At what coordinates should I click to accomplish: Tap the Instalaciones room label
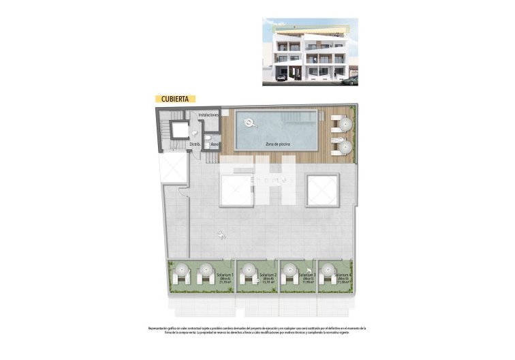tap(208, 115)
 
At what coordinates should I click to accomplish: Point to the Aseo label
tap(215, 145)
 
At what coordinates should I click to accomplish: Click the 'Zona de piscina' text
tap(277, 145)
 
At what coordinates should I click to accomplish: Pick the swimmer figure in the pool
tap(250, 123)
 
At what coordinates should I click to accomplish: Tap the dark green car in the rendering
tap(349, 81)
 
